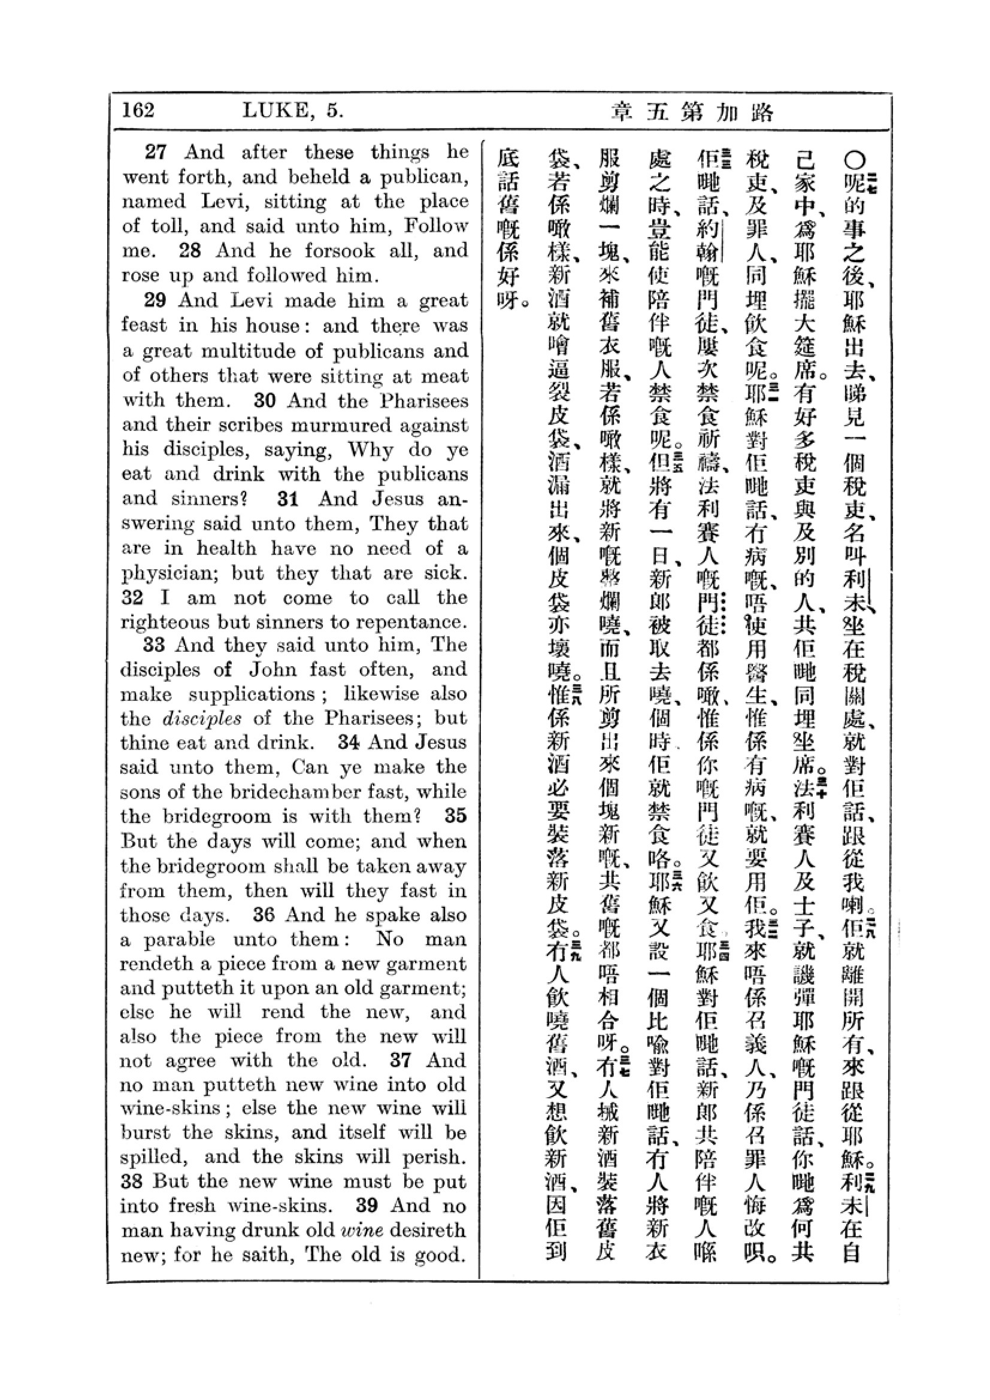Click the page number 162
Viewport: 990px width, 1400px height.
click(x=138, y=110)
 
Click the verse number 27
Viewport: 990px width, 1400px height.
click(x=155, y=152)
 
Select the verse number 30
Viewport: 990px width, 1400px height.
click(x=265, y=400)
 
